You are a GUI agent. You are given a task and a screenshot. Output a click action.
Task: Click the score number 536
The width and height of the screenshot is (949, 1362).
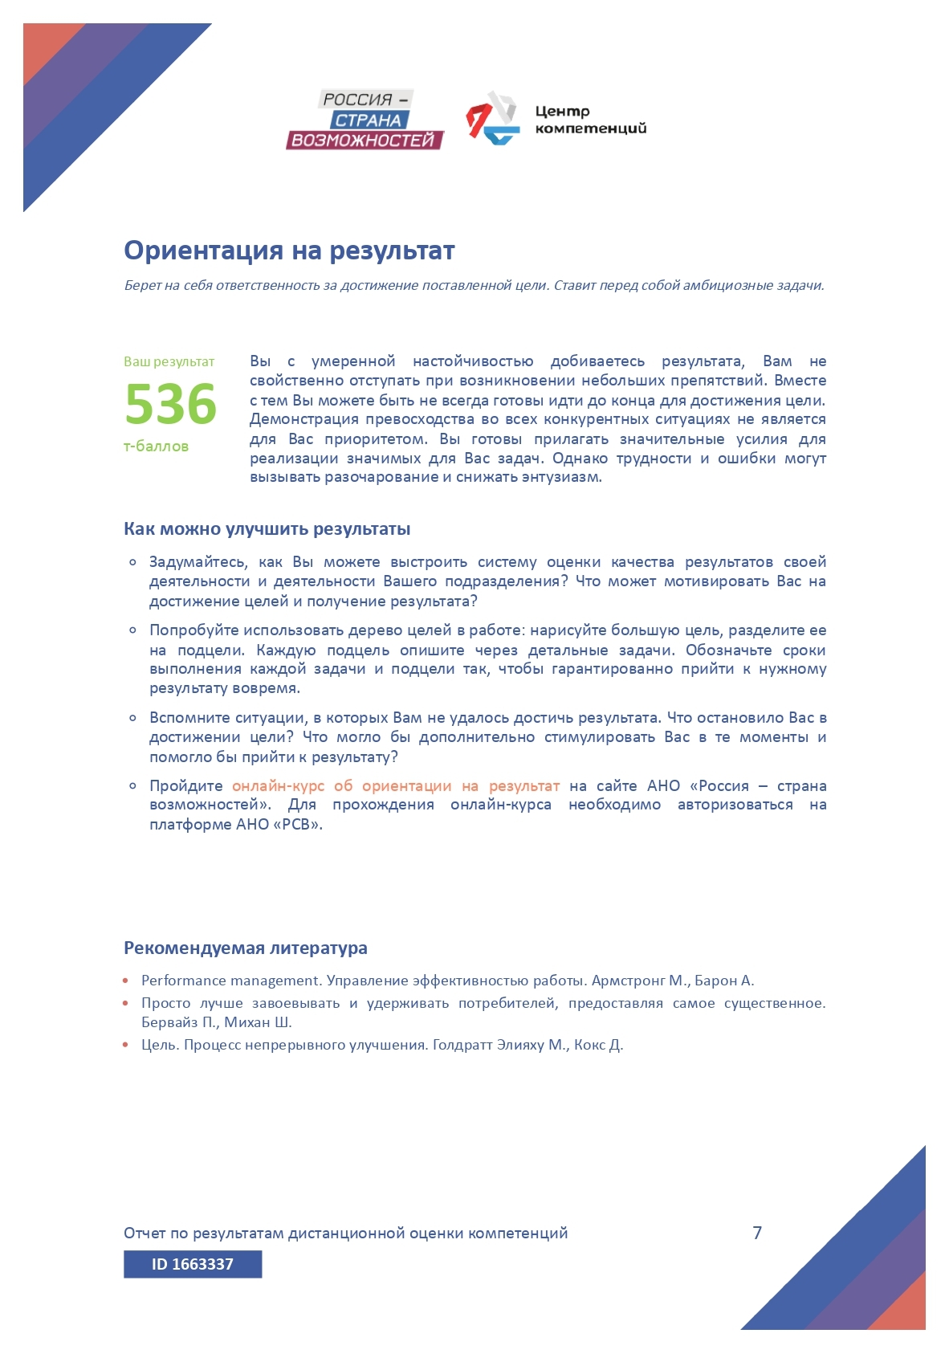[171, 403]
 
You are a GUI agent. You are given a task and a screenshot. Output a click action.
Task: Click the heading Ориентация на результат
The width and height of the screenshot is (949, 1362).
[289, 251]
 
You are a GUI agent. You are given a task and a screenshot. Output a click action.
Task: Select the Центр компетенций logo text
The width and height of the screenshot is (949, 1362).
[590, 120]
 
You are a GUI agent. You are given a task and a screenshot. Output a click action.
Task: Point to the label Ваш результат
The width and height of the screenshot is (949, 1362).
[169, 362]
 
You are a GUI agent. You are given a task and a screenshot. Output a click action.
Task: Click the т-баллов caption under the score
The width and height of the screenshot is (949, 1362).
[156, 447]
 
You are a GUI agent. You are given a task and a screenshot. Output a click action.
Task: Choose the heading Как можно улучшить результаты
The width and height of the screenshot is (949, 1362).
[267, 529]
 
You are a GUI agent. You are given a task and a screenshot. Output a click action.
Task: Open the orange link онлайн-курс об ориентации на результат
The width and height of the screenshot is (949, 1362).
[395, 786]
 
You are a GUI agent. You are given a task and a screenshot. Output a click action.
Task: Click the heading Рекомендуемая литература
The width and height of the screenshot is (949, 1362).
[245, 948]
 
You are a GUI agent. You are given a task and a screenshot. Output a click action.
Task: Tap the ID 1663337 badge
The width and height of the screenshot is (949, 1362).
[193, 1264]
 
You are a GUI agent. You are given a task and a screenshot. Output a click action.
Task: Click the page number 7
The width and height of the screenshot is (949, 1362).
[757, 1233]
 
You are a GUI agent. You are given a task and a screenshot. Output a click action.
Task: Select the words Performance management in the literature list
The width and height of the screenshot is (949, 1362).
[230, 981]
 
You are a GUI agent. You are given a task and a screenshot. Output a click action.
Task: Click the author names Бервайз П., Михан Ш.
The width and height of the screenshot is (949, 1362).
[216, 1022]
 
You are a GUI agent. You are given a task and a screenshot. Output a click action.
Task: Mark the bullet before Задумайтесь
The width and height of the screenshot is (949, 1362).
[132, 562]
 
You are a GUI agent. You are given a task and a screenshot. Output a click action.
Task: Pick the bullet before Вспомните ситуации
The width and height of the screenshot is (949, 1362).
[132, 718]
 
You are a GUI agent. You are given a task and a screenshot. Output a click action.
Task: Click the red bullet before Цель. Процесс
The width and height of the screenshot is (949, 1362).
[126, 1046]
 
